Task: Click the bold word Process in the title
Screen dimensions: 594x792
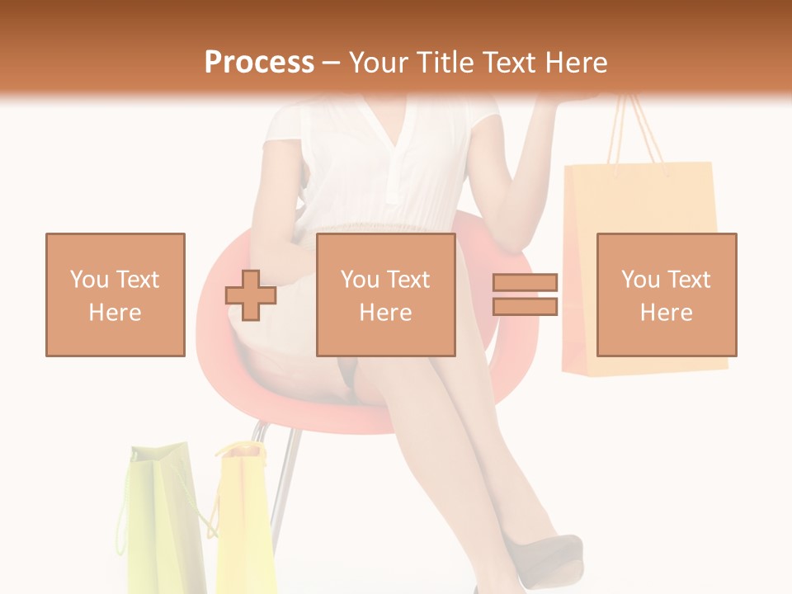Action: pos(259,62)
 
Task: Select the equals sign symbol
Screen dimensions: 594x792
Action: pos(526,295)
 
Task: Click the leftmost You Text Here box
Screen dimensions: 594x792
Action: pos(115,295)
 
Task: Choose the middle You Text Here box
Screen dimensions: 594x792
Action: pos(385,295)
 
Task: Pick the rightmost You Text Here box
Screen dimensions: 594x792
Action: pos(667,295)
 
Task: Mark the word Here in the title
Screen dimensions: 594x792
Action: pos(575,63)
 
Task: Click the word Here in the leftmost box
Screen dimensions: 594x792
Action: pos(115,312)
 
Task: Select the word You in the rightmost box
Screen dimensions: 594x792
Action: pos(640,280)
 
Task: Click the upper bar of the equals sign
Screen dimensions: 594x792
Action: pos(526,283)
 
